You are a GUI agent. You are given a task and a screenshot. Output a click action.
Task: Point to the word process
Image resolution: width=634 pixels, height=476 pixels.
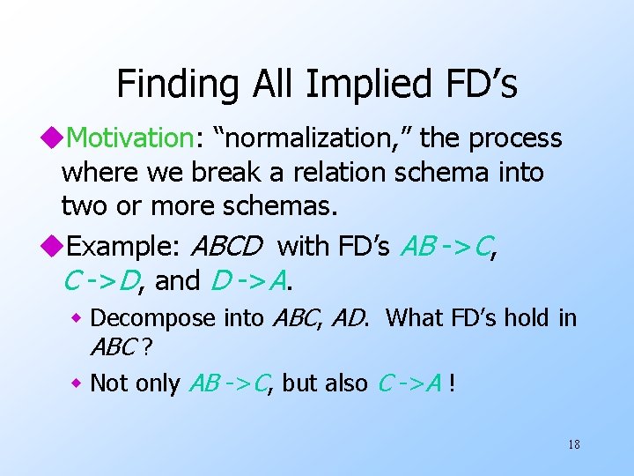[515, 138]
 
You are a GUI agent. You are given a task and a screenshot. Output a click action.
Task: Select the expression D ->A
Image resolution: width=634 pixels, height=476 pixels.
[250, 280]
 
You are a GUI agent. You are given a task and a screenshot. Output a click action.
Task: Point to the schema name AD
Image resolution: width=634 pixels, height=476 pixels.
[351, 317]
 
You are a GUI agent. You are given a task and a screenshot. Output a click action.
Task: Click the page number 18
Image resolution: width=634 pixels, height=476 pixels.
[573, 444]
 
